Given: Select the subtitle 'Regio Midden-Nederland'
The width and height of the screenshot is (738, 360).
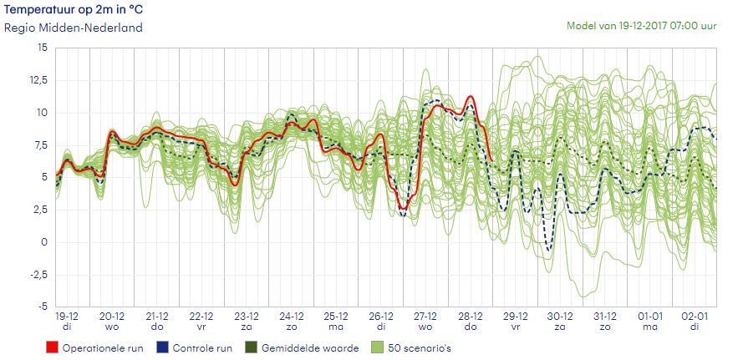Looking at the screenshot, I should pyautogui.click(x=74, y=28).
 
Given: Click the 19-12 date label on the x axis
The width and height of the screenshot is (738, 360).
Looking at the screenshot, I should pyautogui.click(x=68, y=317).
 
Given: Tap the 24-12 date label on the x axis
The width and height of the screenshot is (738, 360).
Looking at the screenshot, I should pyautogui.click(x=292, y=317).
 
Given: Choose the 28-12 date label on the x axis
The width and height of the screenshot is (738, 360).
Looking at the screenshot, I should pyautogui.click(x=471, y=317).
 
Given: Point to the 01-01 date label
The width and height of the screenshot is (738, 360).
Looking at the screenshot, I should pyautogui.click(x=650, y=317).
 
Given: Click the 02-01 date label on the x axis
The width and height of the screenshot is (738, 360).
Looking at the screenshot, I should pyautogui.click(x=695, y=317).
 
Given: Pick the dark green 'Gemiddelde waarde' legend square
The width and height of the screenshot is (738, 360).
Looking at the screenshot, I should pyautogui.click(x=251, y=347).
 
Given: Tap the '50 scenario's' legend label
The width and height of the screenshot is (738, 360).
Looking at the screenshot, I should pyautogui.click(x=432, y=347).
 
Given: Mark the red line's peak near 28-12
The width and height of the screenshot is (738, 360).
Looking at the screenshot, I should pyautogui.click(x=471, y=97).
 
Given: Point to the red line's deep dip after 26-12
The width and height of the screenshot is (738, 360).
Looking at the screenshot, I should pyautogui.click(x=404, y=207).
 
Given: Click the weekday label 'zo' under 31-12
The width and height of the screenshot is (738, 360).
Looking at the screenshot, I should pyautogui.click(x=606, y=328).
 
